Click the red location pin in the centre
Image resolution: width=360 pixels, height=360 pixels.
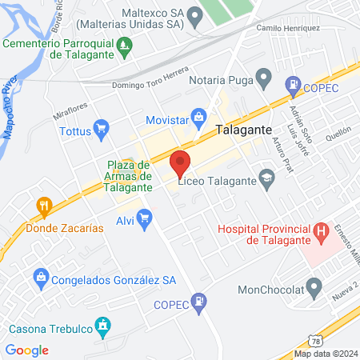pyautogui.click(x=180, y=163)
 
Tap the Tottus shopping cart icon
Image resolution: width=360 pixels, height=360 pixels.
pyautogui.click(x=101, y=127)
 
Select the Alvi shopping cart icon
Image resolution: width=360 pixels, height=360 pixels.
pyautogui.click(x=144, y=218)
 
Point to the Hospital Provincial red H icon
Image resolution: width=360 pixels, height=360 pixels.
pyautogui.click(x=322, y=234)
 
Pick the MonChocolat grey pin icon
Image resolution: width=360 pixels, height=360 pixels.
pyautogui.click(x=314, y=286)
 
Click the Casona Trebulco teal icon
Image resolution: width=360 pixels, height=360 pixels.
pyautogui.click(x=102, y=325)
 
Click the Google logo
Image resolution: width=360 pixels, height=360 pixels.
pyautogui.click(x=26, y=350)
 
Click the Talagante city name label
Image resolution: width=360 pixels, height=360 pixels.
pyautogui.click(x=243, y=129)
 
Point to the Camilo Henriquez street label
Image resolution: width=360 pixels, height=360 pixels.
pyautogui.click(x=288, y=28)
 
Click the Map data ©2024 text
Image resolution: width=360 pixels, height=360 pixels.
pyautogui.click(x=325, y=354)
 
